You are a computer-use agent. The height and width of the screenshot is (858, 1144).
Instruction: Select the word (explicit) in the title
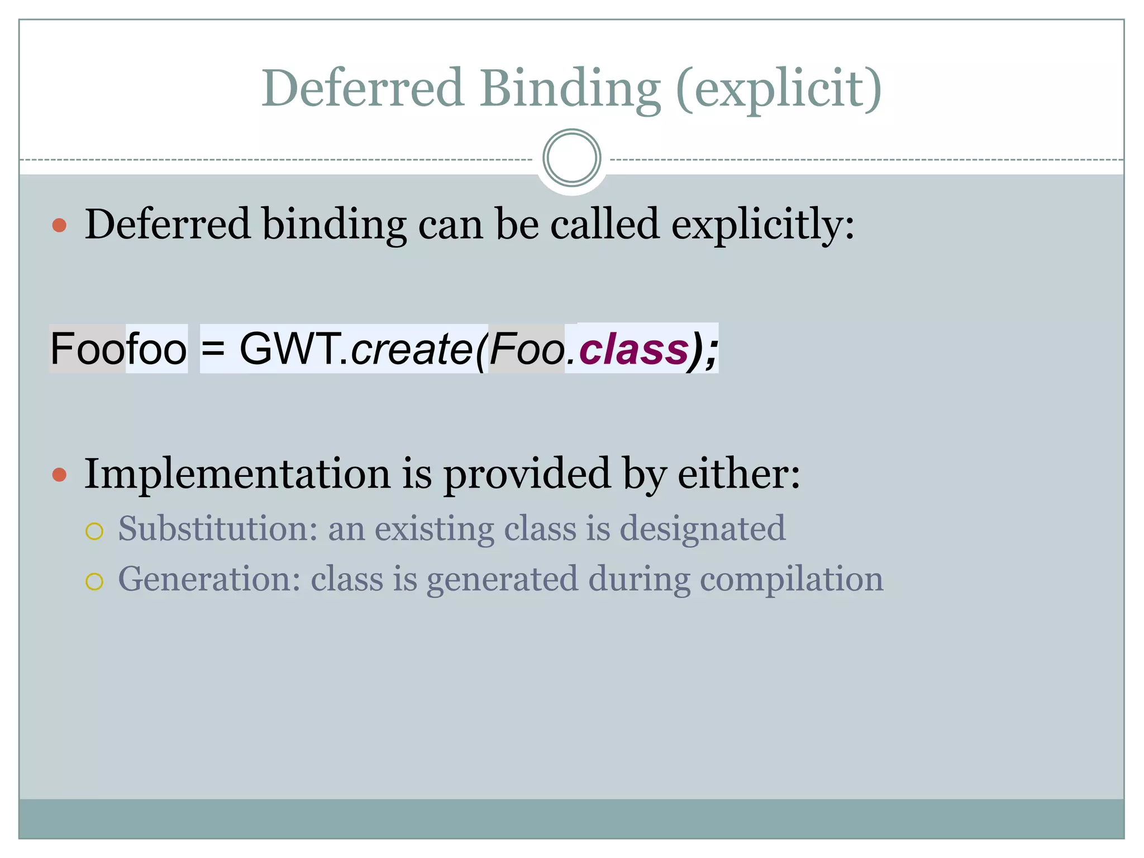tap(779, 89)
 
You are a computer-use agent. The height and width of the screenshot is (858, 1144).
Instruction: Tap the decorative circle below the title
tap(571, 158)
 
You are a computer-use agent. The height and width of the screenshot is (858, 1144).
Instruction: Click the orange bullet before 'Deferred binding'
tap(59, 225)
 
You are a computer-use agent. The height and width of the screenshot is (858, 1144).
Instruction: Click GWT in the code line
tap(290, 349)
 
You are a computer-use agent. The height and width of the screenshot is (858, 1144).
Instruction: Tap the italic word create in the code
tap(412, 349)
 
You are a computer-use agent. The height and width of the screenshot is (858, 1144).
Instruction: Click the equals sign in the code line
tap(213, 349)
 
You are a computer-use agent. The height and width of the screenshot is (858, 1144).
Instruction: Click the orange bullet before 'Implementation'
tap(59, 475)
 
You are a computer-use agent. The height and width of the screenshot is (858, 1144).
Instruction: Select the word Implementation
tap(237, 474)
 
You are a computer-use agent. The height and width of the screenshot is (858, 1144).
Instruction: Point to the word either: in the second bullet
tap(738, 474)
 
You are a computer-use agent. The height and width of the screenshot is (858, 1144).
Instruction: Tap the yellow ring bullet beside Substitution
tap(94, 531)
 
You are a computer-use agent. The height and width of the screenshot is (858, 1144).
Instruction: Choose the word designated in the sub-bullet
tap(703, 528)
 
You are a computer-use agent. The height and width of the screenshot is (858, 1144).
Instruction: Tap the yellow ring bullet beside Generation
tap(94, 581)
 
